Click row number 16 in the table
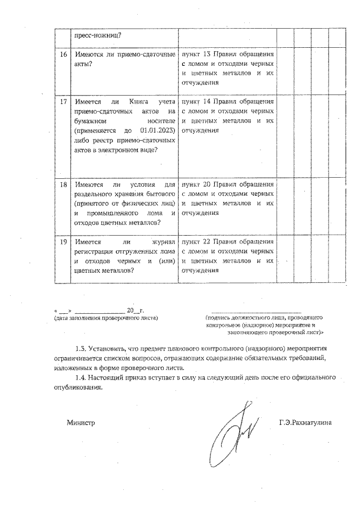click(x=64, y=54)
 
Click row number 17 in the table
click(x=64, y=102)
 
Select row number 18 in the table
click(x=64, y=184)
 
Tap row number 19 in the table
click(x=64, y=241)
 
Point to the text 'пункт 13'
click(x=194, y=54)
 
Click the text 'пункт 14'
click(x=194, y=102)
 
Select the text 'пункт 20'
click(x=194, y=184)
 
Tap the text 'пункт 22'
click(x=194, y=241)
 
